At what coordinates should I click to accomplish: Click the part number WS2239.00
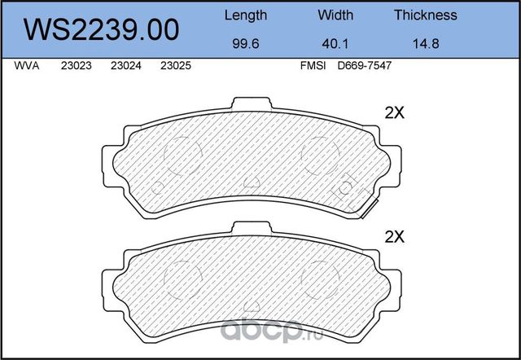(103, 29)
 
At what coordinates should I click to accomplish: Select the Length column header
(245, 15)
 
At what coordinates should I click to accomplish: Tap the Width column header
(335, 15)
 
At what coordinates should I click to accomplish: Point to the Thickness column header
(425, 15)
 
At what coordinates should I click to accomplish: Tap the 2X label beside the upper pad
(394, 114)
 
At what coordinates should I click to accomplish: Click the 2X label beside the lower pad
(394, 237)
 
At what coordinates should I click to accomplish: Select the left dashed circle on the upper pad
(183, 155)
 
